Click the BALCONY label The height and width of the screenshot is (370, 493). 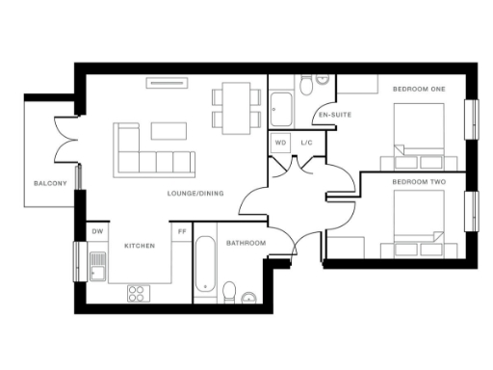pyautogui.click(x=50, y=183)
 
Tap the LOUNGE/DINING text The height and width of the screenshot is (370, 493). pyautogui.click(x=195, y=194)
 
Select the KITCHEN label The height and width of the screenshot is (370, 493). pyautogui.click(x=140, y=246)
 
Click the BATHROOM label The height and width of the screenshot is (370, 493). pyautogui.click(x=246, y=243)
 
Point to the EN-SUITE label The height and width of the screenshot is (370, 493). pyautogui.click(x=334, y=115)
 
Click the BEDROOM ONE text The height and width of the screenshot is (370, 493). pyautogui.click(x=419, y=90)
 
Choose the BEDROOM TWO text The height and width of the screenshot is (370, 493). pyautogui.click(x=419, y=181)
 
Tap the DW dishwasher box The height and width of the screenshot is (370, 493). pyautogui.click(x=97, y=232)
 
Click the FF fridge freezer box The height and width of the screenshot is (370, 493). pyautogui.click(x=181, y=232)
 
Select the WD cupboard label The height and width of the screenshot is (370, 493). pyautogui.click(x=281, y=144)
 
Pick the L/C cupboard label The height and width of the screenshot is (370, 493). pyautogui.click(x=306, y=144)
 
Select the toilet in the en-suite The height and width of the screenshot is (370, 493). pyautogui.click(x=306, y=88)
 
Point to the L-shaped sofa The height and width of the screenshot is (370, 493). pyautogui.click(x=149, y=152)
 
